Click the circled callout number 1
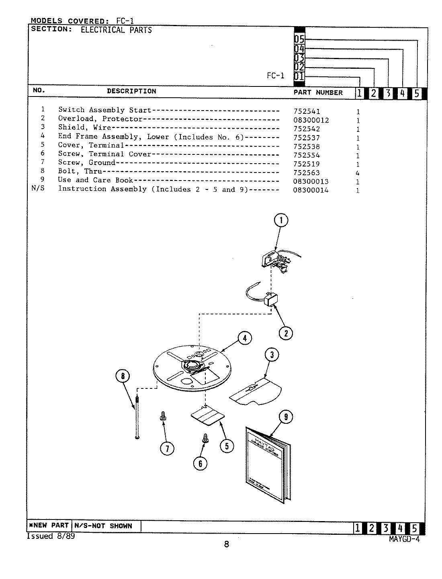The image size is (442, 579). (x=281, y=220)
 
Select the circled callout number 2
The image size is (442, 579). (x=286, y=333)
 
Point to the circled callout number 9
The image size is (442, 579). (x=286, y=417)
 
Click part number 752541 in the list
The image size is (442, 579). (x=307, y=112)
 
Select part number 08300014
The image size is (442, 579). (x=311, y=191)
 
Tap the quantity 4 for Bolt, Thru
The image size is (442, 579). (x=358, y=173)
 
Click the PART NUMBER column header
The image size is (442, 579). (x=318, y=92)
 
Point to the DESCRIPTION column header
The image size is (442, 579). (x=131, y=91)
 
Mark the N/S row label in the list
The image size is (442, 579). (x=38, y=189)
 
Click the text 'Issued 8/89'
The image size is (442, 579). (x=51, y=536)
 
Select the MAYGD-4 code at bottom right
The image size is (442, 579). (x=404, y=540)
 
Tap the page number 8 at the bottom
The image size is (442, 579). (x=226, y=545)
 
